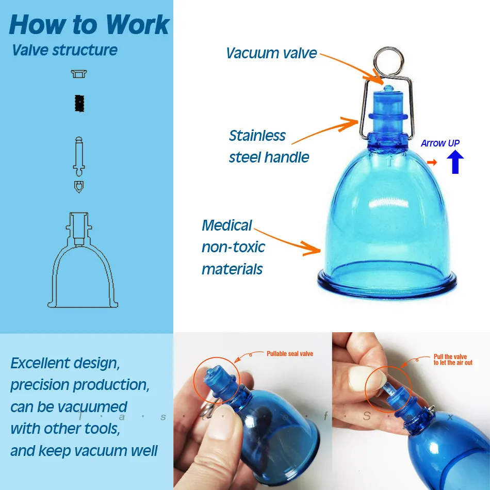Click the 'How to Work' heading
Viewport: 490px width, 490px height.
pos(89,24)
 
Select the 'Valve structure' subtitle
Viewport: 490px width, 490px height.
pos(64,51)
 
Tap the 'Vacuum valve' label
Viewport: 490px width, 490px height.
pos(271,53)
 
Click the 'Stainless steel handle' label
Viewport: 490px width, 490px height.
pos(269,146)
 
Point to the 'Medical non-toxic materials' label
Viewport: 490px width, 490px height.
pos(233,247)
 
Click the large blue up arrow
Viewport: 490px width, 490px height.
pos(455,162)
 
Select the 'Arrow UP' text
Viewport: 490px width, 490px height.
pos(439,143)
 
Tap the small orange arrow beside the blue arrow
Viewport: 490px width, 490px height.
pos(432,162)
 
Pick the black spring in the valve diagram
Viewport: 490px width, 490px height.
pos(79,104)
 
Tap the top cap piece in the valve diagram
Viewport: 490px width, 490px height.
pos(79,74)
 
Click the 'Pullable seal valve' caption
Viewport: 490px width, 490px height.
pos(289,354)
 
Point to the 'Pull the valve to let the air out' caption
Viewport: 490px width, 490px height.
pos(452,360)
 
